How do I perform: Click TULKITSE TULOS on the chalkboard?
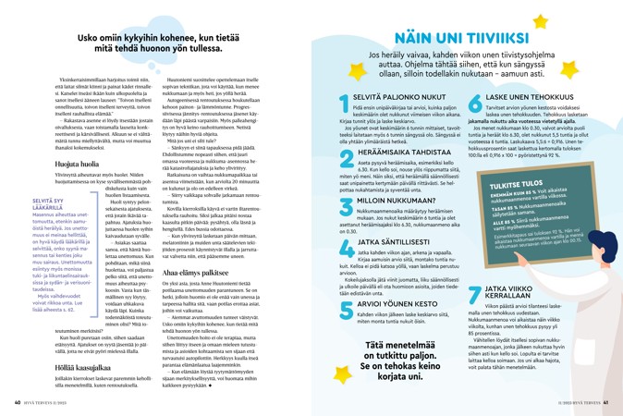(516, 183)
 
